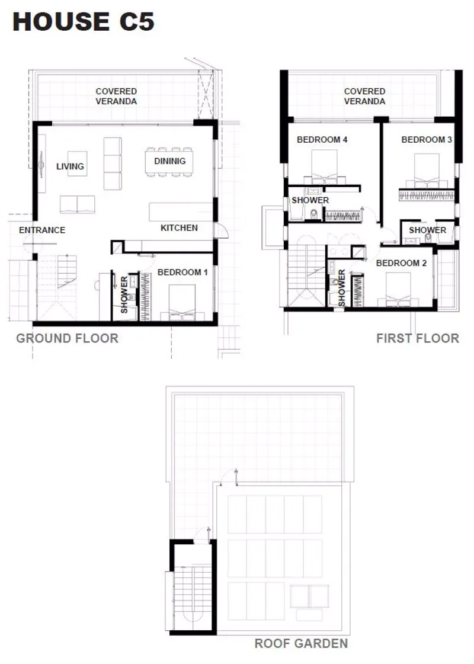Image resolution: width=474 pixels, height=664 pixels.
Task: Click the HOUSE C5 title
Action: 84,21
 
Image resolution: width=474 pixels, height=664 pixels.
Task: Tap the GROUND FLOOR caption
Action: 68,338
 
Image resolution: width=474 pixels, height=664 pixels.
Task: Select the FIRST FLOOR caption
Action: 418,338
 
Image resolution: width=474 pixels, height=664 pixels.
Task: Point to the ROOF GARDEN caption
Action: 301,644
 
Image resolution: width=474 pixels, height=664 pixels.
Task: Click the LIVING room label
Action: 70,166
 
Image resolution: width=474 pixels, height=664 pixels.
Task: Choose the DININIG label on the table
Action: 170,161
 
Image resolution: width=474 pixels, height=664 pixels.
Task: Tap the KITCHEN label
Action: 179,228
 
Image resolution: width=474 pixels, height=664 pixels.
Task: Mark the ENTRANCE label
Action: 42,230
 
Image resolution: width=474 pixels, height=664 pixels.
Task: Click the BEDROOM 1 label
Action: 182,272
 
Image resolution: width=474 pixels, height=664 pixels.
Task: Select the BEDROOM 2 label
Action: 402,263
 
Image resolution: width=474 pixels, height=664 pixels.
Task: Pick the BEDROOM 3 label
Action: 427,139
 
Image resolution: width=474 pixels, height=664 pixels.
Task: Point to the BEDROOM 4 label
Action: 322,139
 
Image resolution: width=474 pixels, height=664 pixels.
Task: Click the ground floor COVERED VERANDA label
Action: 116,96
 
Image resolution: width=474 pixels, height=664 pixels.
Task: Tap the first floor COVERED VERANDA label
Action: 365,96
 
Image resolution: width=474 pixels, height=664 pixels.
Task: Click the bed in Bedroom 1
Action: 182,303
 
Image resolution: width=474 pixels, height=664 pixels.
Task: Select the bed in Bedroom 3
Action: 427,171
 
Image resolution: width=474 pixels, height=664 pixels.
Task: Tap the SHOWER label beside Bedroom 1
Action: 124,295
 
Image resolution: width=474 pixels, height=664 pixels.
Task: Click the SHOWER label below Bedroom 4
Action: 310,200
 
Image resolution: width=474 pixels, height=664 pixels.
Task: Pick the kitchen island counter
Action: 181,211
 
